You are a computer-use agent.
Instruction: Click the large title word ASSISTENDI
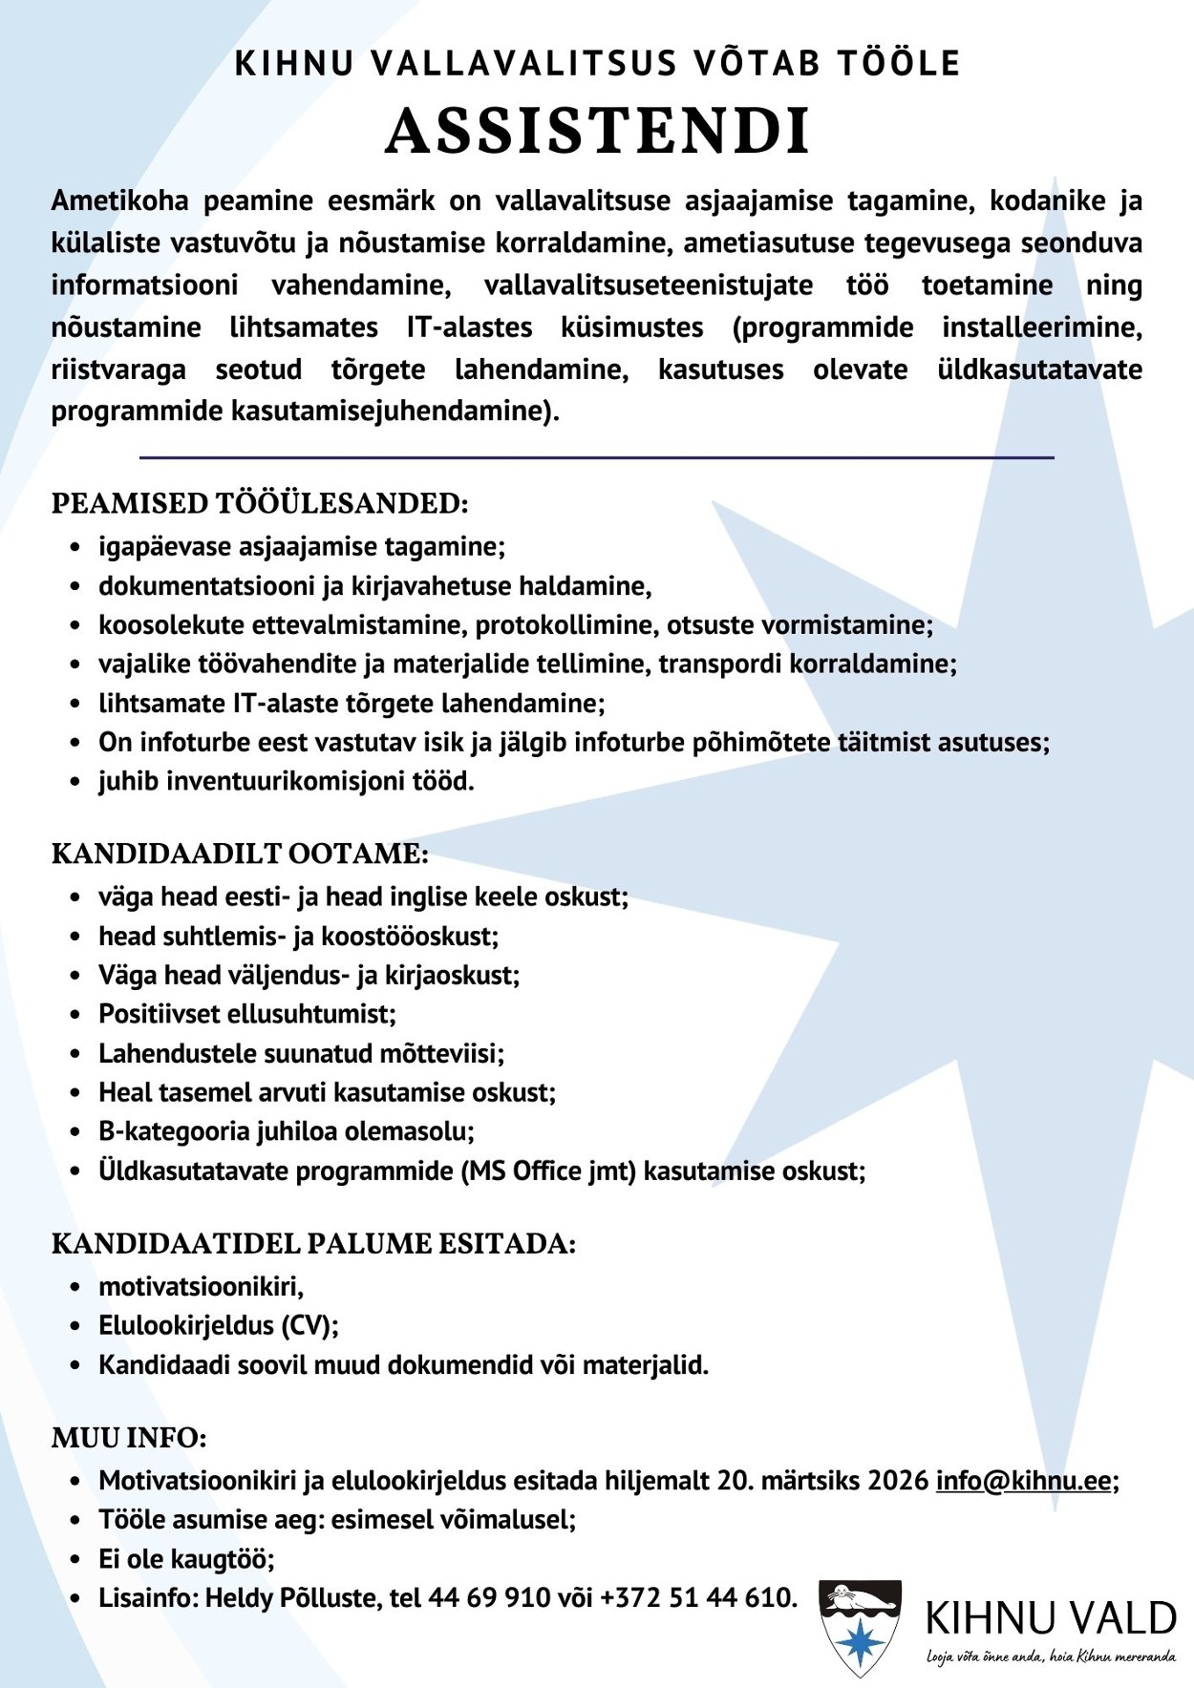pyautogui.click(x=598, y=131)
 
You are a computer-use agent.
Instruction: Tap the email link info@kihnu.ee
pyautogui.click(x=1023, y=1481)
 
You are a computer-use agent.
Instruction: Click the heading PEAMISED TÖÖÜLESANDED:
pyautogui.click(x=260, y=503)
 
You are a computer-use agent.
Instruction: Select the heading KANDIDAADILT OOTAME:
pyautogui.click(x=240, y=854)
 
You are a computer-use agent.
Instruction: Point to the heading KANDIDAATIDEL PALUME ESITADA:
pyautogui.click(x=313, y=1244)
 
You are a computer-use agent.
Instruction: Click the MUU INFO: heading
pyautogui.click(x=129, y=1438)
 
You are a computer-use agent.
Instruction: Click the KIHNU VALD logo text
pyautogui.click(x=1051, y=1618)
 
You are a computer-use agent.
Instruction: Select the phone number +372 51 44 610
pyautogui.click(x=696, y=1597)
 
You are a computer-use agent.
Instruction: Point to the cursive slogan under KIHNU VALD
pyautogui.click(x=1051, y=1656)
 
